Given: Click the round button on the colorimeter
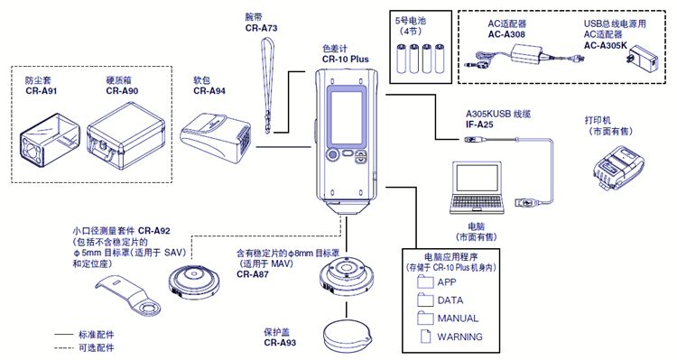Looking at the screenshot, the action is pos(332,154).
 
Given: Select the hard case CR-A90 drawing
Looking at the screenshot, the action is pos(126,136).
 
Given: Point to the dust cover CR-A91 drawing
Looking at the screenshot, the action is pos(50,140).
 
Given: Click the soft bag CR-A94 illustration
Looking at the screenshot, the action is pos(216,138).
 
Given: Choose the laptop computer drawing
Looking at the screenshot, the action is pos(477,188).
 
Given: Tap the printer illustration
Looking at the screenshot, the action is pos(617,168).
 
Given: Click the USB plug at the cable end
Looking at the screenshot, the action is pos(526,202).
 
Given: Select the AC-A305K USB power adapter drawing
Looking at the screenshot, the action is pos(643,61).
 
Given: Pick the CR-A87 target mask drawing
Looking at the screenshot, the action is pos(346,277).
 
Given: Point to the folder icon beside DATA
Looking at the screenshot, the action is pos(425,300).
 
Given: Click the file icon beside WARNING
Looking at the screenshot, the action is pos(426,337).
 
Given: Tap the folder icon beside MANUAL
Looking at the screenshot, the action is pos(425,318).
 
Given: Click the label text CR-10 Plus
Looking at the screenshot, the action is pos(346,60).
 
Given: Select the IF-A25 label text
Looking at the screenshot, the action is pos(479,125).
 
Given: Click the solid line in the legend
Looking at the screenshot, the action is pos(63,335).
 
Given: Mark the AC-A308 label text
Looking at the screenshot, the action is pos(506,34).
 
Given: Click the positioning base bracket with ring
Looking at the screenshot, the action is pos(129,296).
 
